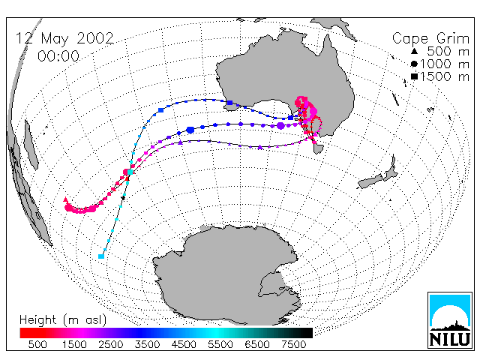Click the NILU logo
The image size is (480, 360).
point(450,320)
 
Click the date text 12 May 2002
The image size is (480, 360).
point(64,38)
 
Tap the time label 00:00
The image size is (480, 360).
point(58,56)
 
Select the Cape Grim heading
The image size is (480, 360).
point(430,38)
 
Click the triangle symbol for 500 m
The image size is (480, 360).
point(414,51)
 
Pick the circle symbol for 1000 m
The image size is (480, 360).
point(414,64)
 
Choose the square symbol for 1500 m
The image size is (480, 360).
point(414,76)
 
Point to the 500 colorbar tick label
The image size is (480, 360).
point(37,345)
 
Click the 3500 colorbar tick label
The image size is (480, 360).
point(147,345)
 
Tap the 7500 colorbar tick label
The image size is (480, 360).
point(293,345)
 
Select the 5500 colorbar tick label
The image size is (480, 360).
point(220,345)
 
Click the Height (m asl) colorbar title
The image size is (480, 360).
point(63,320)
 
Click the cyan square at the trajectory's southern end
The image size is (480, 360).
point(101,256)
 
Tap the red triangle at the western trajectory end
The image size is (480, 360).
point(65,200)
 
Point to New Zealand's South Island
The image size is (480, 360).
point(370,181)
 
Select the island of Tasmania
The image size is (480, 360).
point(318,148)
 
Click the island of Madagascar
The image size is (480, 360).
point(31,145)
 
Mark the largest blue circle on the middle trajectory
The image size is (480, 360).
point(190,130)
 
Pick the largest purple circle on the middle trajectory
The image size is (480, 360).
point(280,125)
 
